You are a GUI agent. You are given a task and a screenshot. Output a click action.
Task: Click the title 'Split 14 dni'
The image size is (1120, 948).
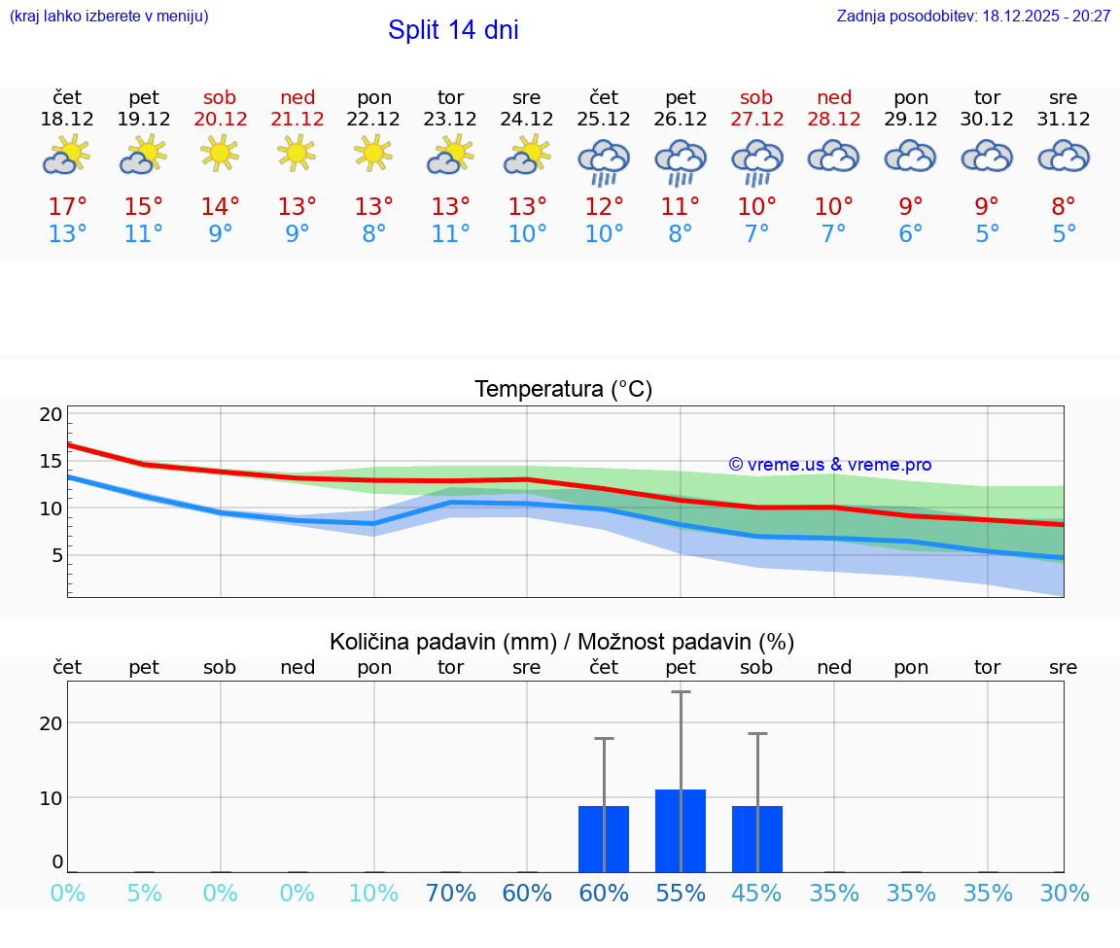tap(453, 30)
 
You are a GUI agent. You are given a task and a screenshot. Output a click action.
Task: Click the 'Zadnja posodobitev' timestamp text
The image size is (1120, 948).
tap(973, 17)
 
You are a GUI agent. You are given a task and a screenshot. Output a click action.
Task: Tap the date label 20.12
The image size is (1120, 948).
tap(221, 120)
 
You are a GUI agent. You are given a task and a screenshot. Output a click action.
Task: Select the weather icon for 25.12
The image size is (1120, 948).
tap(604, 161)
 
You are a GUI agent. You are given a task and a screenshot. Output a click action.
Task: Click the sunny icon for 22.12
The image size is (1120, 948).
tap(374, 154)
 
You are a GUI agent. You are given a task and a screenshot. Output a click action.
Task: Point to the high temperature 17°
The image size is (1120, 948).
tap(67, 207)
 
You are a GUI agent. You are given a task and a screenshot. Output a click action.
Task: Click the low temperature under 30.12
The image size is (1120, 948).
tap(987, 234)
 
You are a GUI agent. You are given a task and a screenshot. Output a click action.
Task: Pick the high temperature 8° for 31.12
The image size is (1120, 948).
tap(1064, 207)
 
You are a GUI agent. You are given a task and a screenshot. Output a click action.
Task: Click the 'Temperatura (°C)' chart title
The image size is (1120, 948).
tap(563, 390)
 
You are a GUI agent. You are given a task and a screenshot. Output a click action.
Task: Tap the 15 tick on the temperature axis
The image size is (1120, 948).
tap(51, 461)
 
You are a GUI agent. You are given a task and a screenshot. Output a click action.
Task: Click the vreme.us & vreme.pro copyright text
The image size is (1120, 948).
tap(829, 465)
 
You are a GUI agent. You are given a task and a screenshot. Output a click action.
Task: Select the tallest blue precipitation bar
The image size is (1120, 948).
tap(681, 830)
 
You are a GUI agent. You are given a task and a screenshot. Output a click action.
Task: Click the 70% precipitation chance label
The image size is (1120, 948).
tap(451, 894)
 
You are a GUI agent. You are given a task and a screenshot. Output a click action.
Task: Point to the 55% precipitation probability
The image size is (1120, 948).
tap(681, 894)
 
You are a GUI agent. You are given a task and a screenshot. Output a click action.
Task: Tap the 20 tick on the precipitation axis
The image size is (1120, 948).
tap(51, 722)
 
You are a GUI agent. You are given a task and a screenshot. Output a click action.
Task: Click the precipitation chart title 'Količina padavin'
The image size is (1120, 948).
tap(562, 642)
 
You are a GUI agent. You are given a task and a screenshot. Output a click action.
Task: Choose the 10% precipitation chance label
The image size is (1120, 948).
tap(374, 894)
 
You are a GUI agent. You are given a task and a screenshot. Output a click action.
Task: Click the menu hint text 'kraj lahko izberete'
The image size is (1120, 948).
tap(109, 17)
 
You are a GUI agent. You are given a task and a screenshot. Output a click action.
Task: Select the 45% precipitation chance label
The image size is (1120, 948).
tap(756, 894)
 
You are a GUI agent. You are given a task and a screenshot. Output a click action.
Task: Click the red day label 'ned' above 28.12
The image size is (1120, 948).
tap(834, 97)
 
